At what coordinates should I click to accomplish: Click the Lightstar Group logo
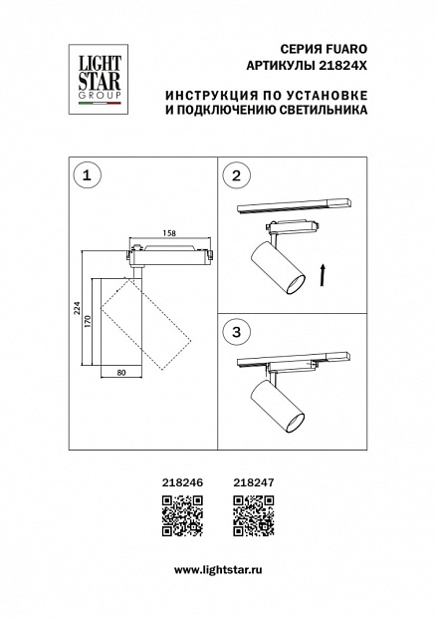(x=99, y=79)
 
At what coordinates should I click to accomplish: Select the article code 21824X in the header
(x=342, y=66)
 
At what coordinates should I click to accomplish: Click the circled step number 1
(x=87, y=175)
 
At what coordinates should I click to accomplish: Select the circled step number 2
(x=236, y=175)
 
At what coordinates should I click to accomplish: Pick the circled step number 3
(x=236, y=332)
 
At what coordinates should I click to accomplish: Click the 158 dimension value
(x=169, y=233)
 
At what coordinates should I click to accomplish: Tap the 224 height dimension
(x=78, y=308)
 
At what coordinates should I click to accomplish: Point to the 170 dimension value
(x=88, y=322)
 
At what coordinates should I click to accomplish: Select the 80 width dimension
(x=121, y=372)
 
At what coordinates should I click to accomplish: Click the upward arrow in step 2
(x=323, y=275)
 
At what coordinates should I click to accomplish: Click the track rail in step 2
(x=294, y=206)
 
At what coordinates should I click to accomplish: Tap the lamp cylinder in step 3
(x=278, y=409)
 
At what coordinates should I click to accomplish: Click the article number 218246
(x=183, y=482)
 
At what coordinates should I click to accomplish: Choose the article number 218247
(x=254, y=482)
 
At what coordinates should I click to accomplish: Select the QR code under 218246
(x=182, y=516)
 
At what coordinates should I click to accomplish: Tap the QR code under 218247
(x=254, y=516)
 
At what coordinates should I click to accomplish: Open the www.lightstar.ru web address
(x=218, y=570)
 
